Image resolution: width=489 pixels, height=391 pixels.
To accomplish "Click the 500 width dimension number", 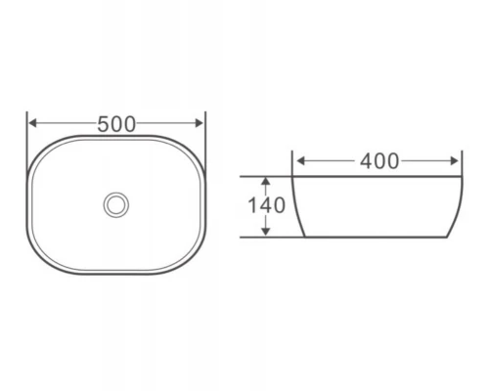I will tap(117, 124).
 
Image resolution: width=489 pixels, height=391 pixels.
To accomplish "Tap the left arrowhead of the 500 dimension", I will tap(32, 124).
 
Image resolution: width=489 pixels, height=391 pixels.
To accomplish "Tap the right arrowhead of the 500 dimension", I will tap(201, 124).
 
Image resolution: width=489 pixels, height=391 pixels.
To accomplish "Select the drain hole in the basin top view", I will tap(116, 204).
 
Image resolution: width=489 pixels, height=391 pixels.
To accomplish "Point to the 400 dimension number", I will tap(378, 161).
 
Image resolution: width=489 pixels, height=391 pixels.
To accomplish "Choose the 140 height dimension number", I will tap(267, 206).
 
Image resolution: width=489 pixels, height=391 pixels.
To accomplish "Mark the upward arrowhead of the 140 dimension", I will tap(265, 182).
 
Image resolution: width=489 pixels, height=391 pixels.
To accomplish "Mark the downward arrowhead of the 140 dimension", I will tap(265, 232).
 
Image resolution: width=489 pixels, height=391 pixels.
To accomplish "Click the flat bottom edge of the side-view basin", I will tap(377, 237).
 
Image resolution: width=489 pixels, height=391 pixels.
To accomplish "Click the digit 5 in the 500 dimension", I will tap(104, 124).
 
